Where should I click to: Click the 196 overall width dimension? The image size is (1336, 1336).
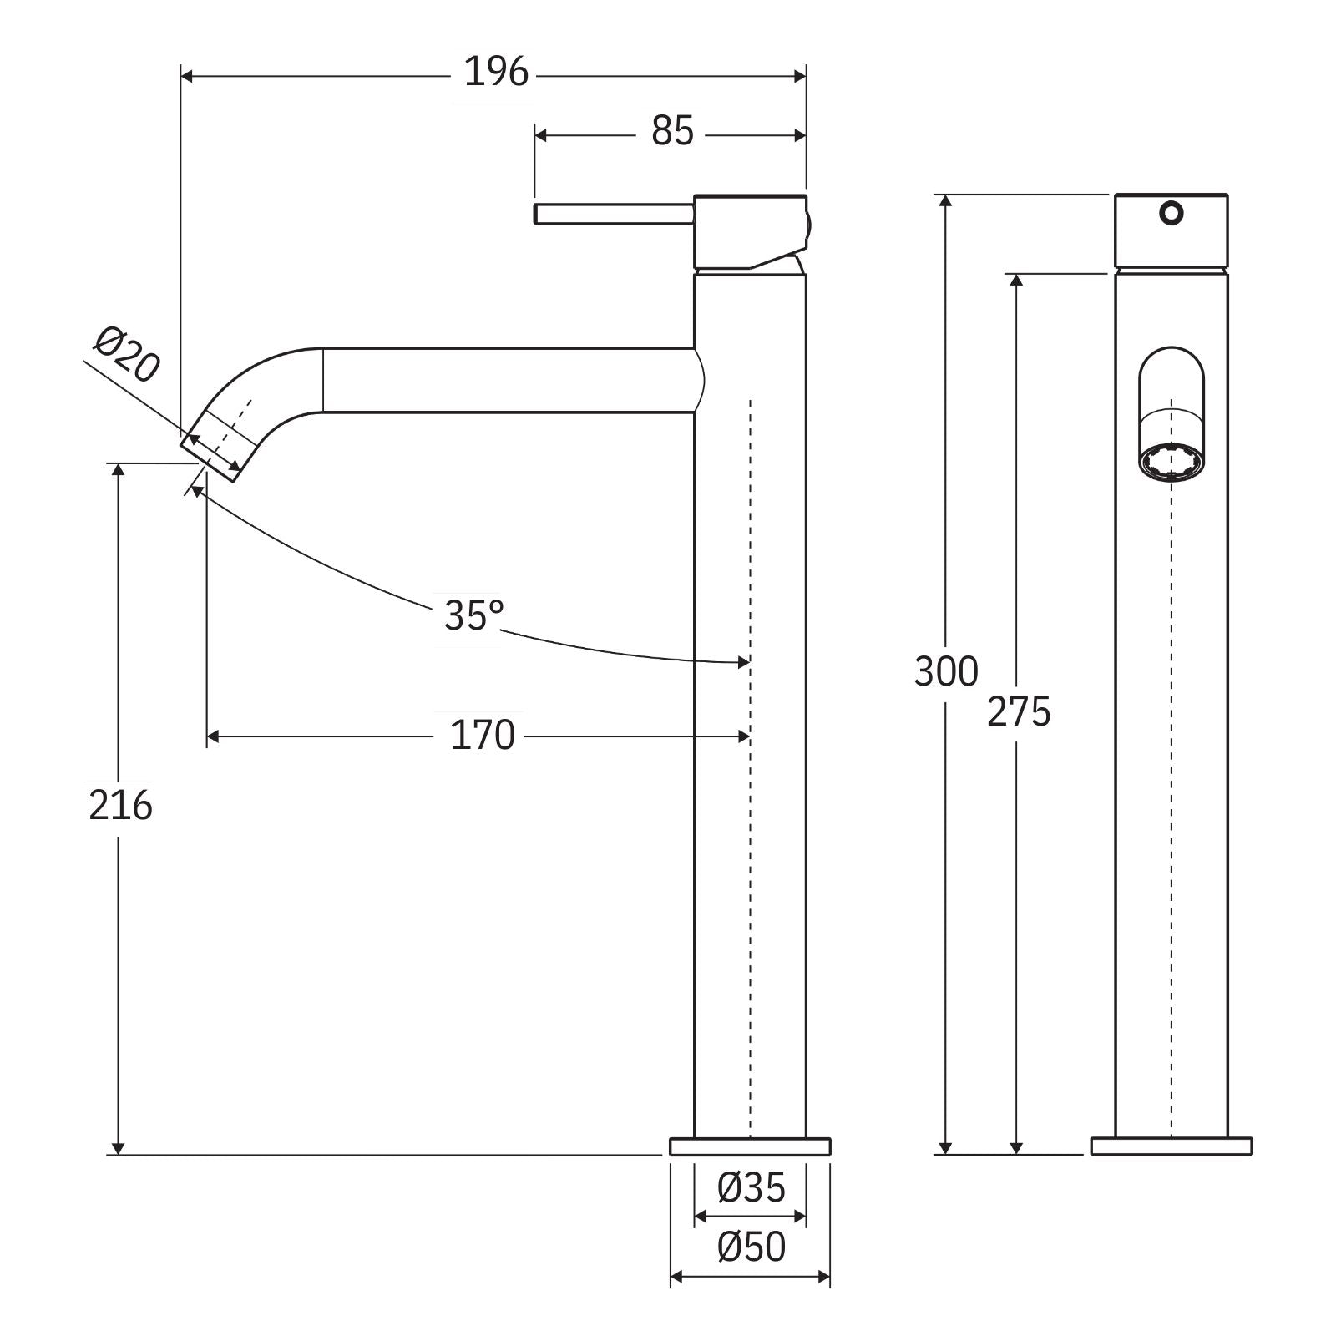(x=496, y=73)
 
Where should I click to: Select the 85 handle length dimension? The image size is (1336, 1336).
(x=672, y=132)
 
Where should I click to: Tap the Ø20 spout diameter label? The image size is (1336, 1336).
(x=126, y=355)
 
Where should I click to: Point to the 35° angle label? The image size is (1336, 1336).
(x=473, y=616)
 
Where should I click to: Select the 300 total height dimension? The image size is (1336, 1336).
(x=945, y=672)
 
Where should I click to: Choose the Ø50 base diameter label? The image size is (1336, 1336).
(x=751, y=1248)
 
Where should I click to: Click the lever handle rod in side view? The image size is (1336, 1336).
(x=614, y=214)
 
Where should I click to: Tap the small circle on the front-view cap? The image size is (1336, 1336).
(x=1171, y=213)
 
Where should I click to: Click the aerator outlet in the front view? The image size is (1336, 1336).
(x=1171, y=463)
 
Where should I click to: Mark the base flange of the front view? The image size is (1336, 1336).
(x=1171, y=1146)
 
